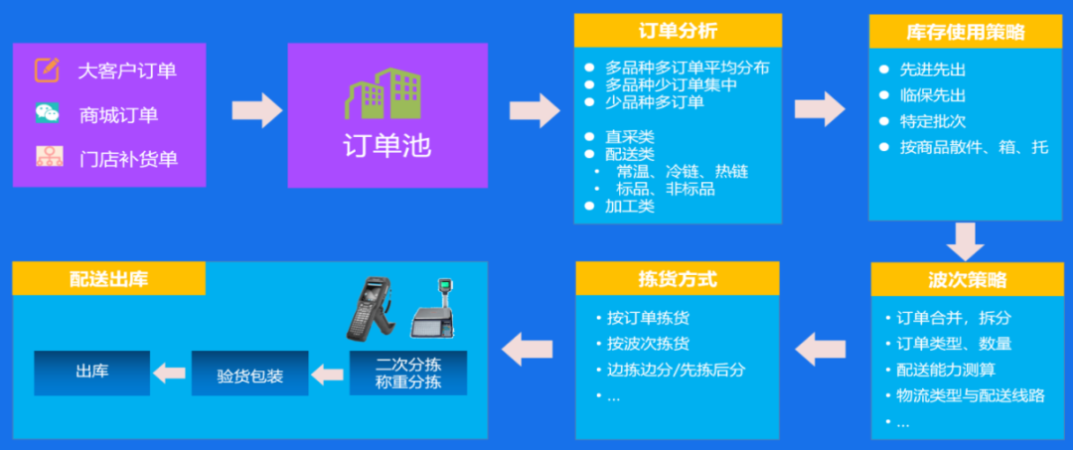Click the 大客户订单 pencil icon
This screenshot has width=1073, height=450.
[x=48, y=71]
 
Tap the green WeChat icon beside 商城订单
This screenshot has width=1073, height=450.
[x=48, y=113]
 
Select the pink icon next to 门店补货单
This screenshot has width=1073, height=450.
[x=50, y=157]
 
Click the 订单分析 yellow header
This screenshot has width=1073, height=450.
[x=678, y=31]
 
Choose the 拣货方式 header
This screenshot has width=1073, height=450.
[x=678, y=278]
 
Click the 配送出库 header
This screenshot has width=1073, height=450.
[x=109, y=278]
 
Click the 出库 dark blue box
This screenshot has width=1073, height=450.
[x=91, y=373]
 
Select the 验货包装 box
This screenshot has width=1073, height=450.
[x=249, y=374]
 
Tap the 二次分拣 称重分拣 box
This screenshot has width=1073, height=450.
[x=408, y=373]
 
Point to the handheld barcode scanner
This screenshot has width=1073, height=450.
[x=370, y=308]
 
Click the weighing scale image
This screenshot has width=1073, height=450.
[x=433, y=310]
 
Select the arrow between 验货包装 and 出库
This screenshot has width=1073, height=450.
[x=169, y=374]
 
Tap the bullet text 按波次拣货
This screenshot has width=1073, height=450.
[x=648, y=344]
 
